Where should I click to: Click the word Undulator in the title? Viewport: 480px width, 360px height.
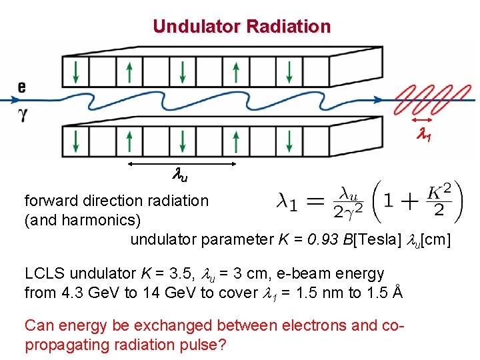(x=197, y=27)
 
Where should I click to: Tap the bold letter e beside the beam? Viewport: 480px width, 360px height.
(x=22, y=86)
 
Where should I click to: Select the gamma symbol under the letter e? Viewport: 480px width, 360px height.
(x=23, y=114)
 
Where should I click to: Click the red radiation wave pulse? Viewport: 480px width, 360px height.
(x=427, y=100)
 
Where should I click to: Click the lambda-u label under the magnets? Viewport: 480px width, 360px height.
(x=180, y=177)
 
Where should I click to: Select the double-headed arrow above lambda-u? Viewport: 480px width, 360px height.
(x=181, y=163)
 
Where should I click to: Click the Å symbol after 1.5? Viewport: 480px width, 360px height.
(x=397, y=292)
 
